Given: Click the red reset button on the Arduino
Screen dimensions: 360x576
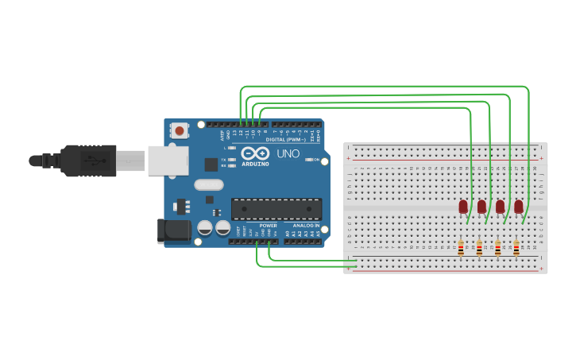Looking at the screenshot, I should point(180,130).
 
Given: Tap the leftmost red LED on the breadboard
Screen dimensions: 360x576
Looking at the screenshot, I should point(463,207).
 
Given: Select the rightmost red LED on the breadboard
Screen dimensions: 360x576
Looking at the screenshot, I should point(519,207).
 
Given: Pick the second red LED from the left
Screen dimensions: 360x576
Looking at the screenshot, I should point(481,207).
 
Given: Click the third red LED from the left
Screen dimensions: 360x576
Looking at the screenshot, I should point(501,207).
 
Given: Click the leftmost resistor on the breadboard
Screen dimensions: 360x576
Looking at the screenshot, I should point(461,250).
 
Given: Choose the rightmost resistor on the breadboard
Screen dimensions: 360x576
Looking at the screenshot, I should point(516,250).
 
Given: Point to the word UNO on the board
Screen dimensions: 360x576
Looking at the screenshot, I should point(288,153).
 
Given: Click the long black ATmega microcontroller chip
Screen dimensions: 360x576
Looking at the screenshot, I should point(276,209).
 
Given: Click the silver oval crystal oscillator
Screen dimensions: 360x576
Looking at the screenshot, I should point(209,185).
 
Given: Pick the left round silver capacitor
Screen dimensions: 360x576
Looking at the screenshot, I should point(205,228).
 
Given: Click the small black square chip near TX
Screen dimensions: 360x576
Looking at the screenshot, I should point(211,165).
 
